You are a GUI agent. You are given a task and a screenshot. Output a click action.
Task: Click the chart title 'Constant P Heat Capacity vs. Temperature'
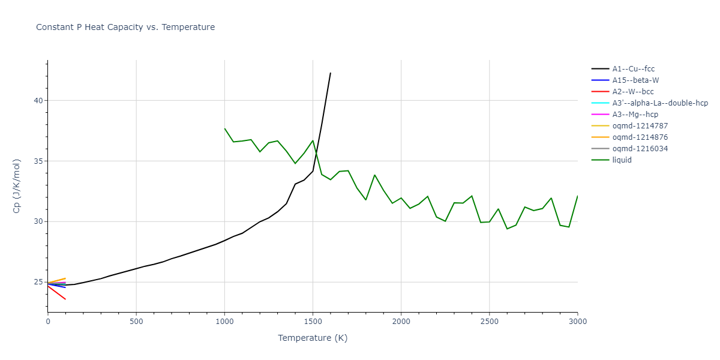tap(125, 27)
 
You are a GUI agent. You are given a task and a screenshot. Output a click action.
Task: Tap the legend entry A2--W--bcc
tap(632, 92)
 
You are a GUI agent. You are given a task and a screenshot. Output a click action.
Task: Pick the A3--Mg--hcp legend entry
tap(634, 115)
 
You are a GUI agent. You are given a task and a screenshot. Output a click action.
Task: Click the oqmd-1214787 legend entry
tap(640, 126)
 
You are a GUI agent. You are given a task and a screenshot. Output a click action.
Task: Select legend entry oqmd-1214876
tap(640, 137)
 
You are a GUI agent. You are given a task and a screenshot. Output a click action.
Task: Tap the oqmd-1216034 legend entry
tap(640, 149)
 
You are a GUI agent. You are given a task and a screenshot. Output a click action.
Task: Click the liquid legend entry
tap(622, 160)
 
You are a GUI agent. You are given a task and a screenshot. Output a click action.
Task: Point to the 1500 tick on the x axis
tap(313, 322)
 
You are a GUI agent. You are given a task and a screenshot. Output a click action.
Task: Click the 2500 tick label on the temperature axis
tap(489, 322)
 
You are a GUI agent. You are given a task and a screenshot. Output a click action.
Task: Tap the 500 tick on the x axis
tap(136, 322)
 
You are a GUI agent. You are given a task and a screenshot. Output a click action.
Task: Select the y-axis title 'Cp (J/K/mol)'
tap(18, 186)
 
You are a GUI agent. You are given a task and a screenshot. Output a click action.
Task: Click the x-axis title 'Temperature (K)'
tap(313, 338)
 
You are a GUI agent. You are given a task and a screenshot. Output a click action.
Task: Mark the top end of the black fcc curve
tap(331, 73)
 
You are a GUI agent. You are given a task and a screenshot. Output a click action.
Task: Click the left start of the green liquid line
tap(224, 128)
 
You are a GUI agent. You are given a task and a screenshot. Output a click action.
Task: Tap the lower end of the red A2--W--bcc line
tap(65, 299)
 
